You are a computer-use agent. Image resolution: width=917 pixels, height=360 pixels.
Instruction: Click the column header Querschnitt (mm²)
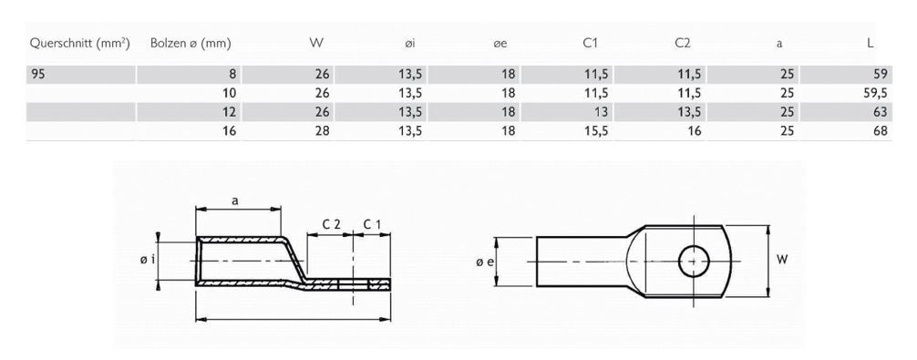coord(78,43)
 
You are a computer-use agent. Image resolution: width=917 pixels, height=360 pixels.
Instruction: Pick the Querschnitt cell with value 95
coord(38,75)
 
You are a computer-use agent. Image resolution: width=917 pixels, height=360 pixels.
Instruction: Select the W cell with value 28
coord(320,130)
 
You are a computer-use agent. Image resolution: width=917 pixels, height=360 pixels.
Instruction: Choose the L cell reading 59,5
coord(873,93)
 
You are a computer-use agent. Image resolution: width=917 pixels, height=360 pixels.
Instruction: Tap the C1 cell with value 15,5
coord(595,130)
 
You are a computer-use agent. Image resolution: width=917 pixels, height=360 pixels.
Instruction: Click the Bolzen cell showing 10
coord(230,93)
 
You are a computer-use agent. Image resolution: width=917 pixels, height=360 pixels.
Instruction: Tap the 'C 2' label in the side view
coord(331,223)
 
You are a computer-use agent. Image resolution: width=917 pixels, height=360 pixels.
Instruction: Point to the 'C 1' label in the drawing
coord(373,223)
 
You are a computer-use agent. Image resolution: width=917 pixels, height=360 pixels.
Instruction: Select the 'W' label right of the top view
coord(781,260)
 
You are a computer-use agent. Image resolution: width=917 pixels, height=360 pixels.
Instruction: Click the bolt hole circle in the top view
coord(694,260)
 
